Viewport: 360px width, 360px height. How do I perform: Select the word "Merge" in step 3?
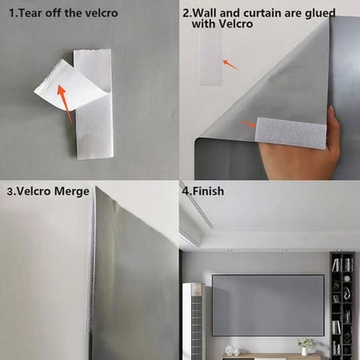click(68, 190)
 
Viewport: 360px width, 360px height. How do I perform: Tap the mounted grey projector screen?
click(267, 305)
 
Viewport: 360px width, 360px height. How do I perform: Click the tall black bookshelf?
click(341, 303)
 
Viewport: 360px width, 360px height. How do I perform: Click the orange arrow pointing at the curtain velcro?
click(248, 125)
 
